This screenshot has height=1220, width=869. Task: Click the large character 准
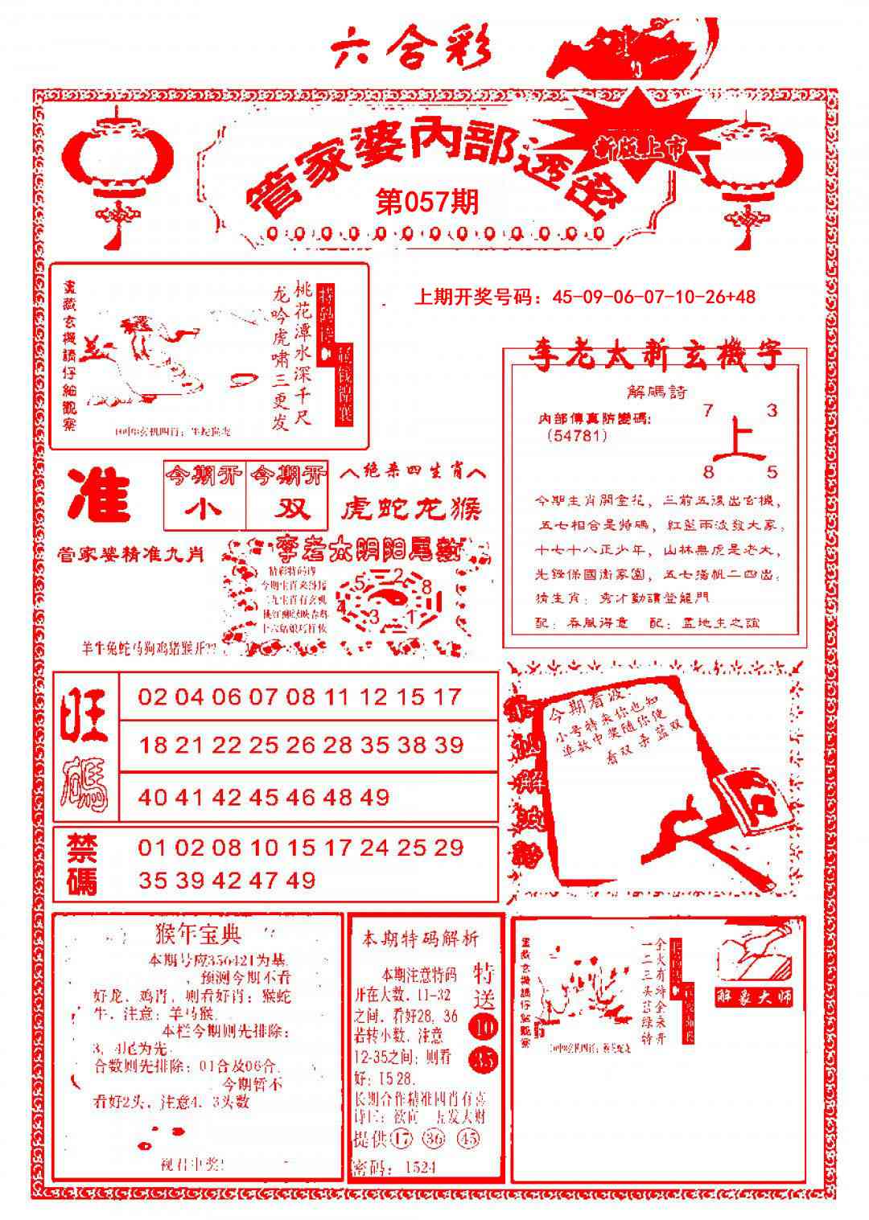coord(100,495)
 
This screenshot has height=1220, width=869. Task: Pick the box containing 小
coord(204,509)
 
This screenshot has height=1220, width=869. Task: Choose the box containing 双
coord(287,509)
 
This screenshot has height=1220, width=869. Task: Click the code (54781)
coord(575,436)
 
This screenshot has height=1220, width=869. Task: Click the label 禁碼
coord(82,864)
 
